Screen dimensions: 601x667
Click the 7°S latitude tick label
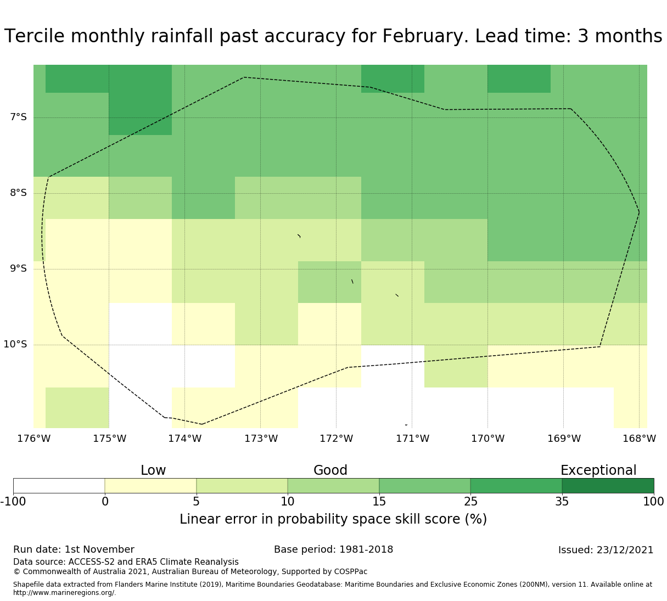18,117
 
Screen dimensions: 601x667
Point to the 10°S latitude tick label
15,345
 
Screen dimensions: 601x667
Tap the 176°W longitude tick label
33,439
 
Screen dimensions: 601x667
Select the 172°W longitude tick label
336,439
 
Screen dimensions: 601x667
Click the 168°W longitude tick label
639,439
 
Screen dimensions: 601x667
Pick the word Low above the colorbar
153,471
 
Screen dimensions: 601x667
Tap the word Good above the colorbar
330,471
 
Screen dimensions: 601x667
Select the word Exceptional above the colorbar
598,471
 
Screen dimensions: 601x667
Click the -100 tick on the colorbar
12,502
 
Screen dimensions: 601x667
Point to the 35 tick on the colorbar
562,502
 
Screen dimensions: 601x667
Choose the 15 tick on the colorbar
379,502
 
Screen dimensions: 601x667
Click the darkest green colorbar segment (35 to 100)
608,486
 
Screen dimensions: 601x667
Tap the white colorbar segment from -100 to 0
59,486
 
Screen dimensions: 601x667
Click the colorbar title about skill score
333,519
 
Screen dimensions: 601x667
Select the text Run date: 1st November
74,550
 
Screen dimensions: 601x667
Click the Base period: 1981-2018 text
333,550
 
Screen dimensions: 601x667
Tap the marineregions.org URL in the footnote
64,593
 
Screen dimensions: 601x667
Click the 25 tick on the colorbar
470,502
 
